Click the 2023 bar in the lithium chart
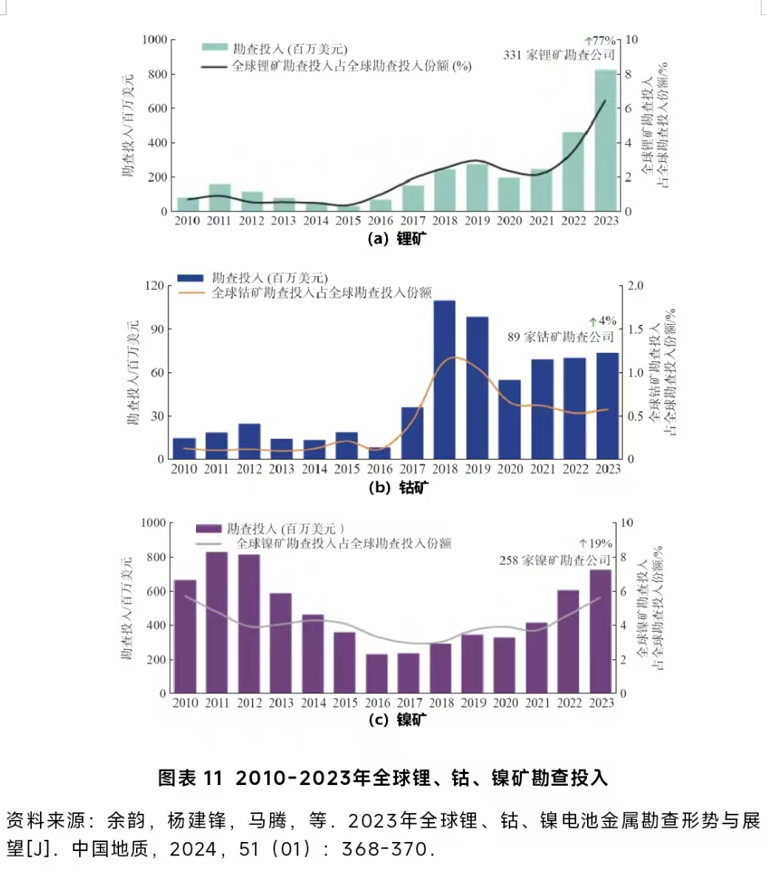(x=606, y=141)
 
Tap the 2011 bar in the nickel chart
(x=217, y=622)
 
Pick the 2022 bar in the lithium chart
(x=574, y=172)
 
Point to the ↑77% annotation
(x=600, y=41)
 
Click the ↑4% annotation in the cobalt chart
(x=603, y=321)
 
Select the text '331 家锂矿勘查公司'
(x=559, y=55)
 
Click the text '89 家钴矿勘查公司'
(x=560, y=337)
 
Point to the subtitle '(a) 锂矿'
(x=397, y=238)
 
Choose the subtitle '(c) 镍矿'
(x=397, y=720)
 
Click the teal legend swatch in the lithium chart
(x=214, y=47)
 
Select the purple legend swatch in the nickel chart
(x=209, y=528)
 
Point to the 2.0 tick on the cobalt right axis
(x=637, y=286)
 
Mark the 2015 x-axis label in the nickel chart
(x=345, y=703)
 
